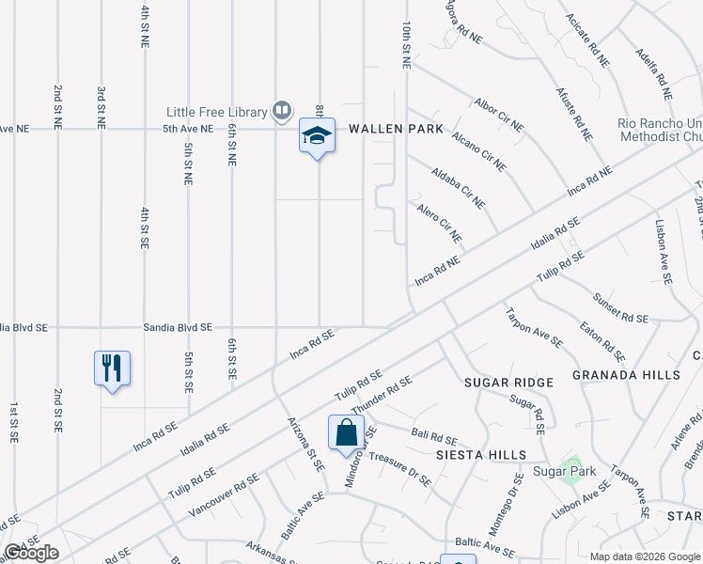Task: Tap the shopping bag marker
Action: tap(346, 432)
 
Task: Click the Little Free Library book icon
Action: tap(281, 112)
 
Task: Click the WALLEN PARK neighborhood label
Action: tap(396, 129)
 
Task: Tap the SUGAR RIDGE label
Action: tap(508, 383)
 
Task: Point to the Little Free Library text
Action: tap(217, 112)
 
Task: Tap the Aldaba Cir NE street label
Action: tap(459, 188)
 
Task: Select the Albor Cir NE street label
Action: tap(499, 114)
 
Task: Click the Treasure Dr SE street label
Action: tap(399, 467)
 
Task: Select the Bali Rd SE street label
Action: tap(434, 438)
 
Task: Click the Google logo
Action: tap(31, 553)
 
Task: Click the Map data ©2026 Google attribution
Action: tap(644, 556)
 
